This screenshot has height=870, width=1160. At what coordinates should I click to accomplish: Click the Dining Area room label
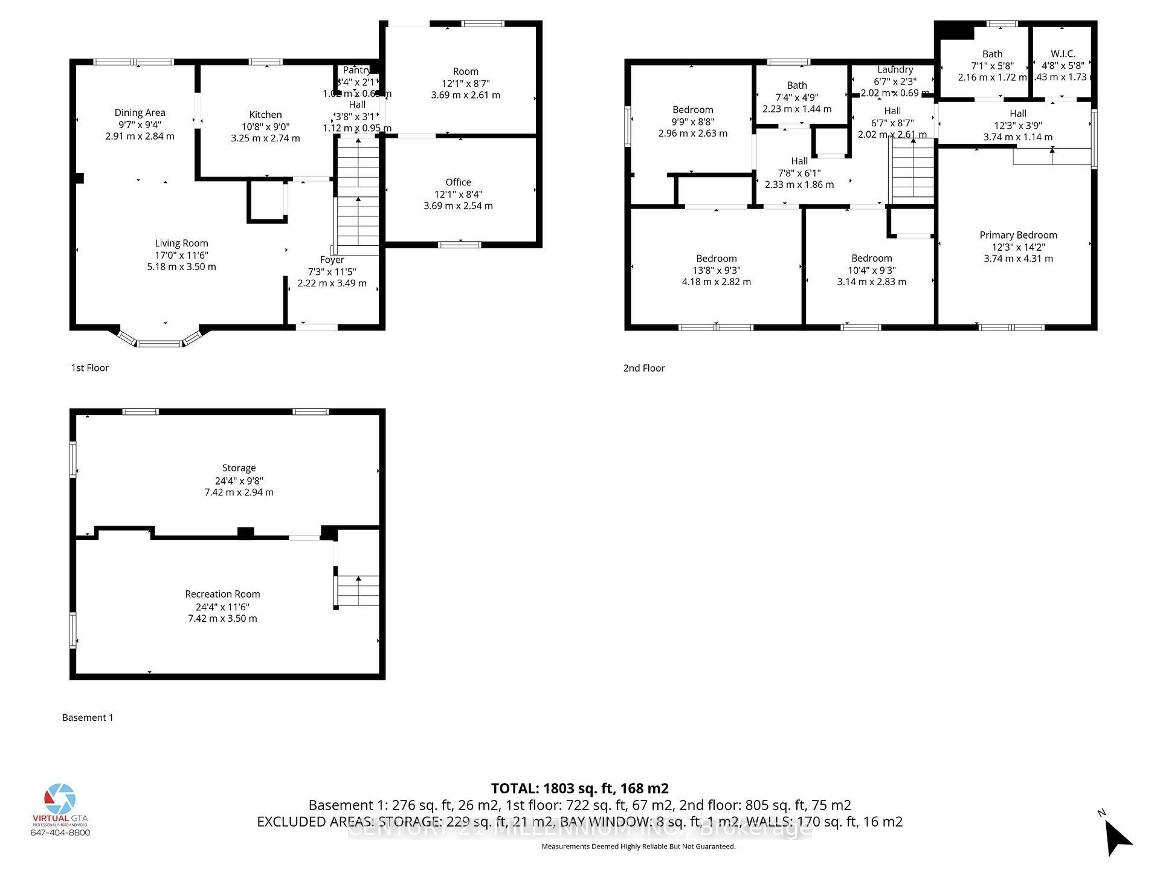(140, 112)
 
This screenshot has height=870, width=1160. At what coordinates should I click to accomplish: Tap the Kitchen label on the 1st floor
(265, 115)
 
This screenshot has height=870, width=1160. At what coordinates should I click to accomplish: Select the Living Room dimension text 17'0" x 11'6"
(181, 255)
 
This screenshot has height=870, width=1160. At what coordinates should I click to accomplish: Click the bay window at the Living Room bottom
(159, 342)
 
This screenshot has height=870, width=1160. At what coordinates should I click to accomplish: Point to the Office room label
(458, 182)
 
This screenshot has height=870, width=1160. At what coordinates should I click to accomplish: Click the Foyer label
(332, 260)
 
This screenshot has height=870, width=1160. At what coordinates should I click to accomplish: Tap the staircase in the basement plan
(358, 591)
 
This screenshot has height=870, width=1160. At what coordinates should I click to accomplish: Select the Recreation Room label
(222, 594)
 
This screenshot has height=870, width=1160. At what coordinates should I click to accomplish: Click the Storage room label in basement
(239, 468)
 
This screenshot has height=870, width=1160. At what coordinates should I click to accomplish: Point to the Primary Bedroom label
(1018, 235)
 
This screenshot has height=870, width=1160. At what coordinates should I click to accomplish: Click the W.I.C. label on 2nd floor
(1063, 54)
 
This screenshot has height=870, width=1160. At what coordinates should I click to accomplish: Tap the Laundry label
(895, 69)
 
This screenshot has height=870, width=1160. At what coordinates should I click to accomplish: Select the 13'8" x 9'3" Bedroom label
(716, 259)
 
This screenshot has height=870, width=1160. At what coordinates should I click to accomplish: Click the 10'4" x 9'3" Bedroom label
(871, 259)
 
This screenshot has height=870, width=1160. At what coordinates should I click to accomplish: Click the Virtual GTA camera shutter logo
(60, 799)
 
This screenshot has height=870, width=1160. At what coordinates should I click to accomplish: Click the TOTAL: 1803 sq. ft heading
(579, 788)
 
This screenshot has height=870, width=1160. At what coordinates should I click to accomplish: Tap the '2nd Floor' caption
(643, 368)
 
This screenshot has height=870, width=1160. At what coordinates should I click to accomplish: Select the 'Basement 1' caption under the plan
(88, 717)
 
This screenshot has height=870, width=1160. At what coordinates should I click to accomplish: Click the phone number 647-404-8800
(60, 833)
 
